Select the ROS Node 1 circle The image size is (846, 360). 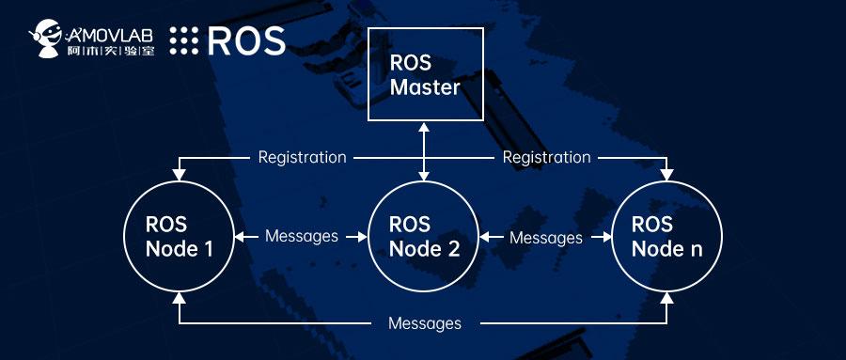click(x=179, y=236)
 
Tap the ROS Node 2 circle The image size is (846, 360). click(x=424, y=236)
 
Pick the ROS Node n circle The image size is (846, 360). click(x=666, y=236)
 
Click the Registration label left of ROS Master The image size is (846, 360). click(x=303, y=157)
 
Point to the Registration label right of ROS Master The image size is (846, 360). click(x=546, y=157)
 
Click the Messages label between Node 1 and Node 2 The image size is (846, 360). click(x=301, y=236)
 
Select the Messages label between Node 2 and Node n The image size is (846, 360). click(x=545, y=237)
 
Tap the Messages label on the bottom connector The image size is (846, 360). click(x=424, y=323)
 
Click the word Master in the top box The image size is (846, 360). click(x=425, y=88)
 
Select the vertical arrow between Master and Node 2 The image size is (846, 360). click(x=425, y=150)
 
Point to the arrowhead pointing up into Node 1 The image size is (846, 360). click(x=179, y=300)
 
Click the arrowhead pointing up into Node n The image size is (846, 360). click(x=667, y=300)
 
